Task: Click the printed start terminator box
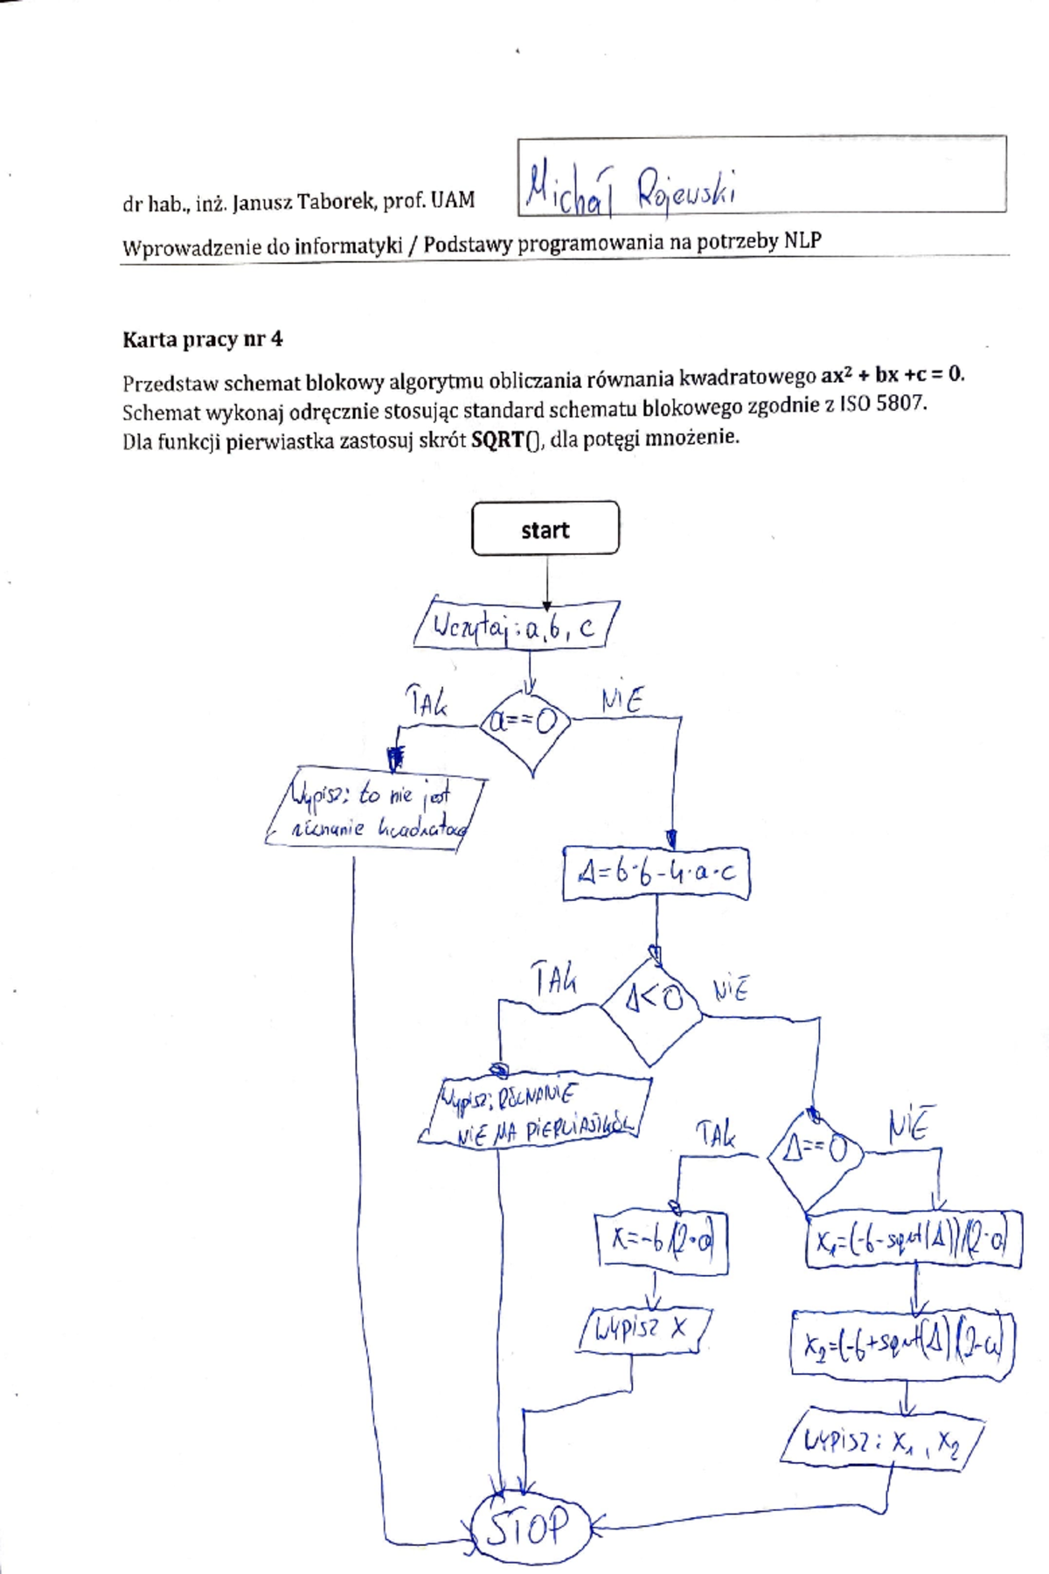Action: (545, 529)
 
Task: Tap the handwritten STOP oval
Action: (528, 1528)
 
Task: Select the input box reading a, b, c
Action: (517, 626)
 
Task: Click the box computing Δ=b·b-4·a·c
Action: (656, 873)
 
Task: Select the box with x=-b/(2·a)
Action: (662, 1239)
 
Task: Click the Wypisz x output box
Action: (643, 1330)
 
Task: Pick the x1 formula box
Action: (913, 1239)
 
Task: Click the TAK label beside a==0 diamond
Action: (426, 702)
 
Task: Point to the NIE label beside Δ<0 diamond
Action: (730, 990)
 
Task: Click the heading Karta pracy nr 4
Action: (202, 339)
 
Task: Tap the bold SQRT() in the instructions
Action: (506, 440)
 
